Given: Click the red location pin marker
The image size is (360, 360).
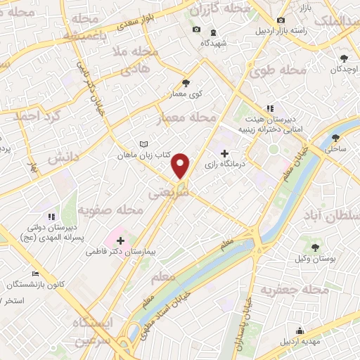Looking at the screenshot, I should pyautogui.click(x=181, y=165).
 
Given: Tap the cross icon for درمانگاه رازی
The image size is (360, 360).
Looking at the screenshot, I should pyautogui.click(x=224, y=153).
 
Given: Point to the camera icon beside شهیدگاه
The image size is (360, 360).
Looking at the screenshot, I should pyautogui.click(x=196, y=30).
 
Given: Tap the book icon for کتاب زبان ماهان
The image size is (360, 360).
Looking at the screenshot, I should pyautogui.click(x=124, y=143).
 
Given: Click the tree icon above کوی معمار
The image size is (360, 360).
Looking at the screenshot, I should pyautogui.click(x=186, y=82).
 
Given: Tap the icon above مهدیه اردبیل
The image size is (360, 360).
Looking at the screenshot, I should pyautogui.click(x=300, y=331).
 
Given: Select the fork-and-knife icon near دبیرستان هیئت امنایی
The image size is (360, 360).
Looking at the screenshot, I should pyautogui.click(x=269, y=109).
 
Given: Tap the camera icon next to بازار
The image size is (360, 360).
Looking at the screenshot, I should pyautogui.click(x=281, y=21).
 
